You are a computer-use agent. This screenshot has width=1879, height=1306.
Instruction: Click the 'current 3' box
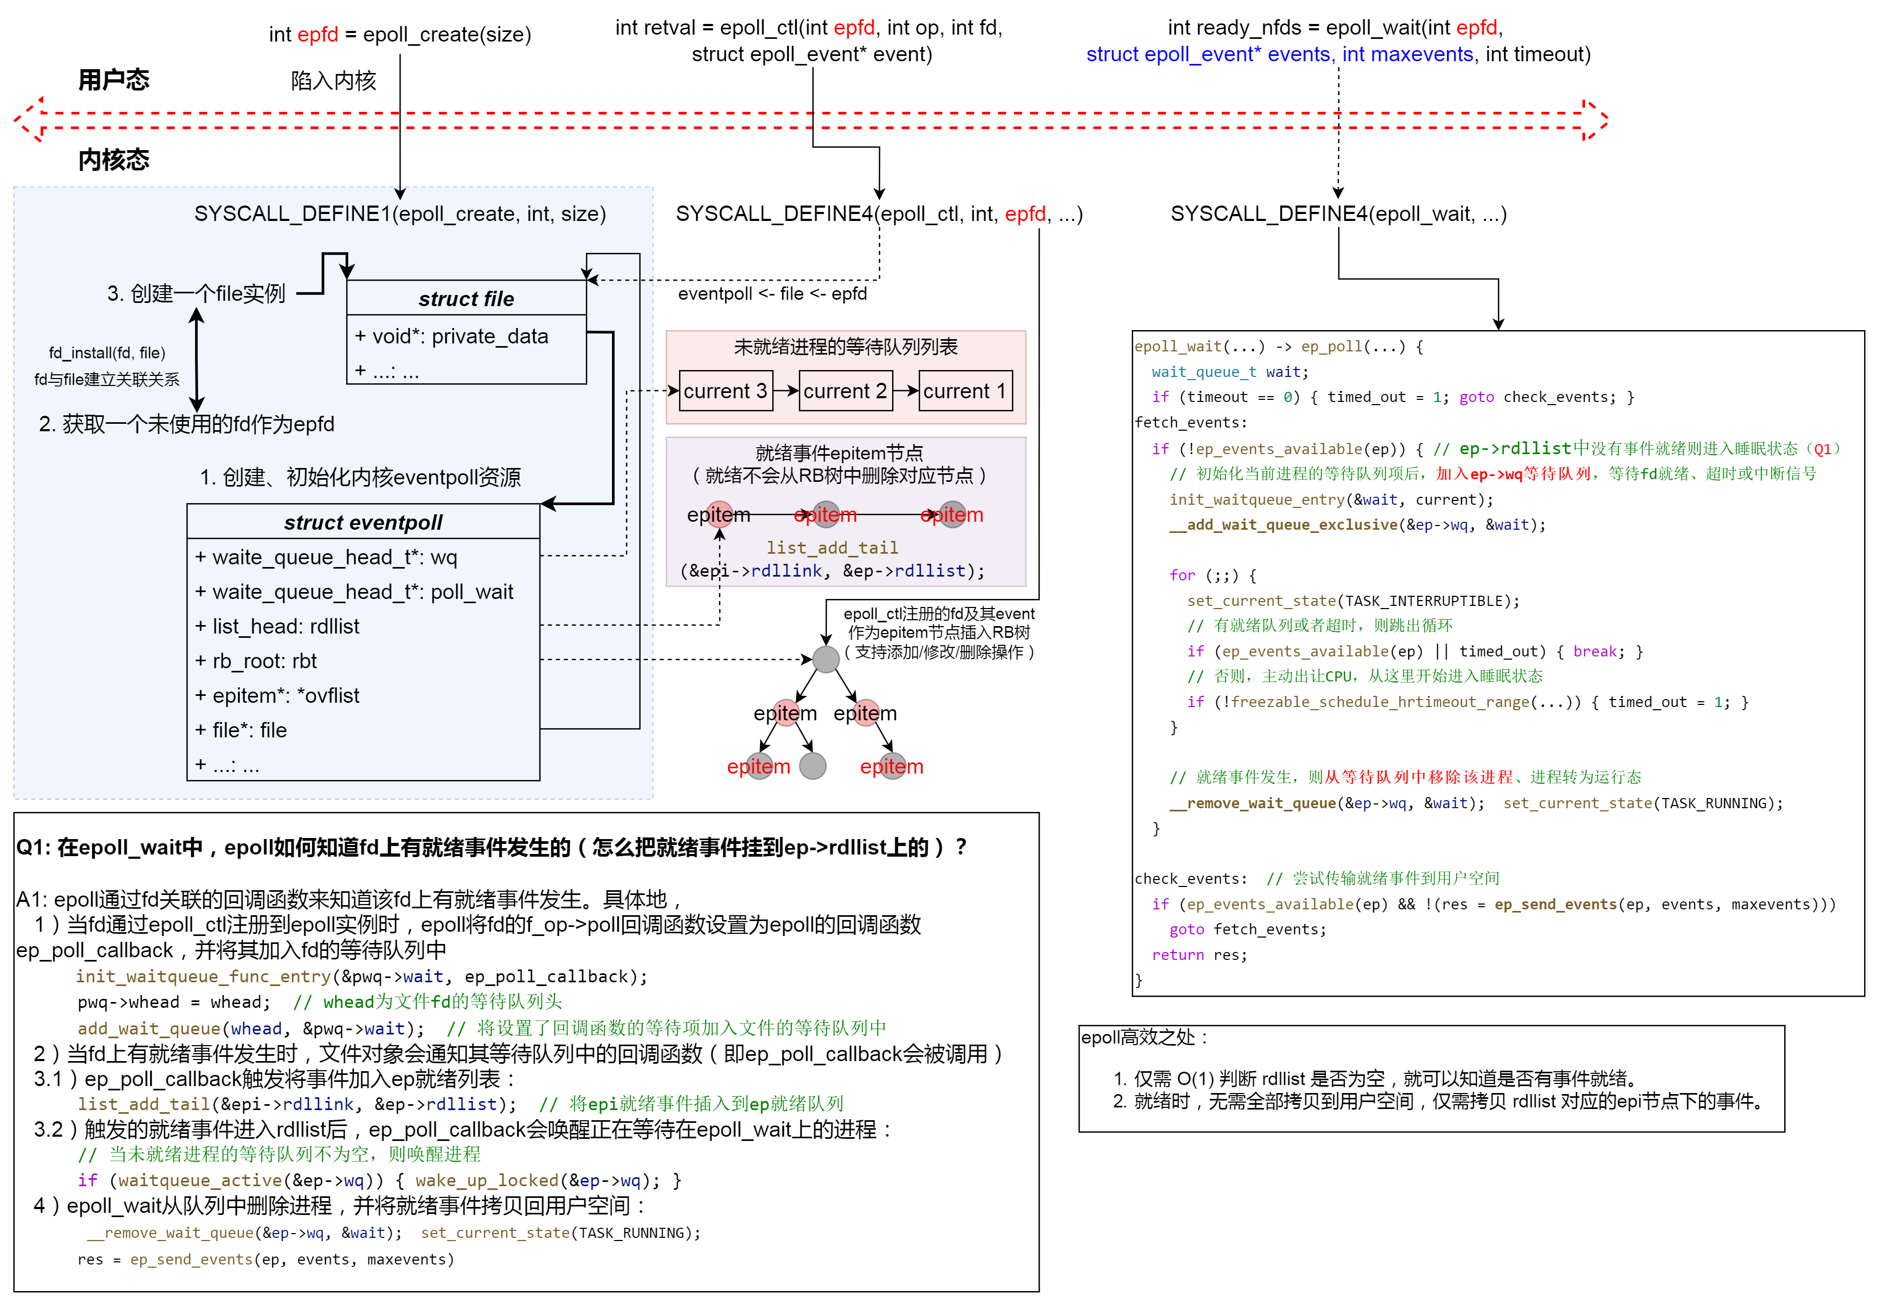click(x=725, y=391)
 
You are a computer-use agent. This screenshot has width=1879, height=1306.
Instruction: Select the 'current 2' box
click(x=845, y=391)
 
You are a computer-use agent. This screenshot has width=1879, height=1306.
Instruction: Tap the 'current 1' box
click(x=965, y=391)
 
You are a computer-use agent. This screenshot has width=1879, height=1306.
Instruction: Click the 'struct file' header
click(x=467, y=299)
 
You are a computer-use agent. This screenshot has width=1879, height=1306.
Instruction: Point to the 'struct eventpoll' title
click(x=363, y=522)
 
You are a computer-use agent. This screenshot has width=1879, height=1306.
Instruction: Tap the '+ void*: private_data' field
click(x=452, y=336)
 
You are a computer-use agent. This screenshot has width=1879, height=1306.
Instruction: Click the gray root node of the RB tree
click(x=826, y=659)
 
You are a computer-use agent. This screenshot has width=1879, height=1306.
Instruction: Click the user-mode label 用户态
click(x=114, y=80)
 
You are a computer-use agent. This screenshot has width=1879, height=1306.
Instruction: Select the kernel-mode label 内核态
click(x=114, y=160)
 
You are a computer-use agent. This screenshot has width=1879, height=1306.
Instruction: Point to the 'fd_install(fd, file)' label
click(x=107, y=352)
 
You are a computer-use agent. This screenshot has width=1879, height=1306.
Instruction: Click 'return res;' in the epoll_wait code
click(x=1199, y=955)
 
